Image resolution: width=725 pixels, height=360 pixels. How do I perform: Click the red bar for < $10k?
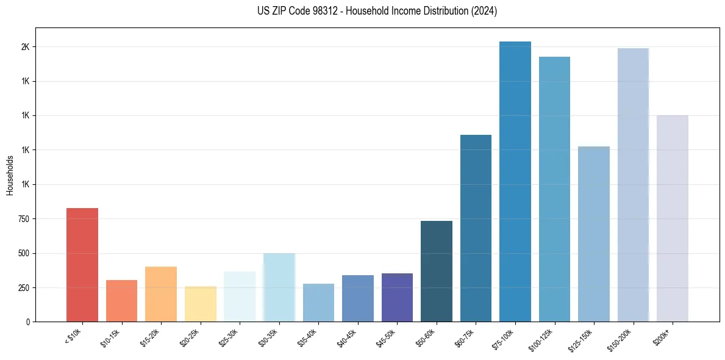(x=82, y=265)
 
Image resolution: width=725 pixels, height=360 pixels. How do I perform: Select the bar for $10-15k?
(x=121, y=301)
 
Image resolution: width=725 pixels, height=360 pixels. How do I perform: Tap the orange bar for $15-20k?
(x=161, y=294)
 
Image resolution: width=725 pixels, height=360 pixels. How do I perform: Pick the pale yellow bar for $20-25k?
(x=200, y=304)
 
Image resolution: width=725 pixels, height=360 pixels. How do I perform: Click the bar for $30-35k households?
(x=279, y=287)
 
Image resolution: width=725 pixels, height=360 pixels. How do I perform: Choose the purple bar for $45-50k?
(x=397, y=297)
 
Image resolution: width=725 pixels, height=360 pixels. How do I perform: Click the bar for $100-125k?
(x=554, y=189)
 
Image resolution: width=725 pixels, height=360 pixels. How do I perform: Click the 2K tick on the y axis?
(x=25, y=47)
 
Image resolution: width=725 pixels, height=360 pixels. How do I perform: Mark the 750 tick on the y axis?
(x=23, y=219)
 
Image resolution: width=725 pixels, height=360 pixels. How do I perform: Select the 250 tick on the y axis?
(x=23, y=287)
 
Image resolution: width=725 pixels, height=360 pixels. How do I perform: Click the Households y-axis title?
(x=10, y=175)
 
